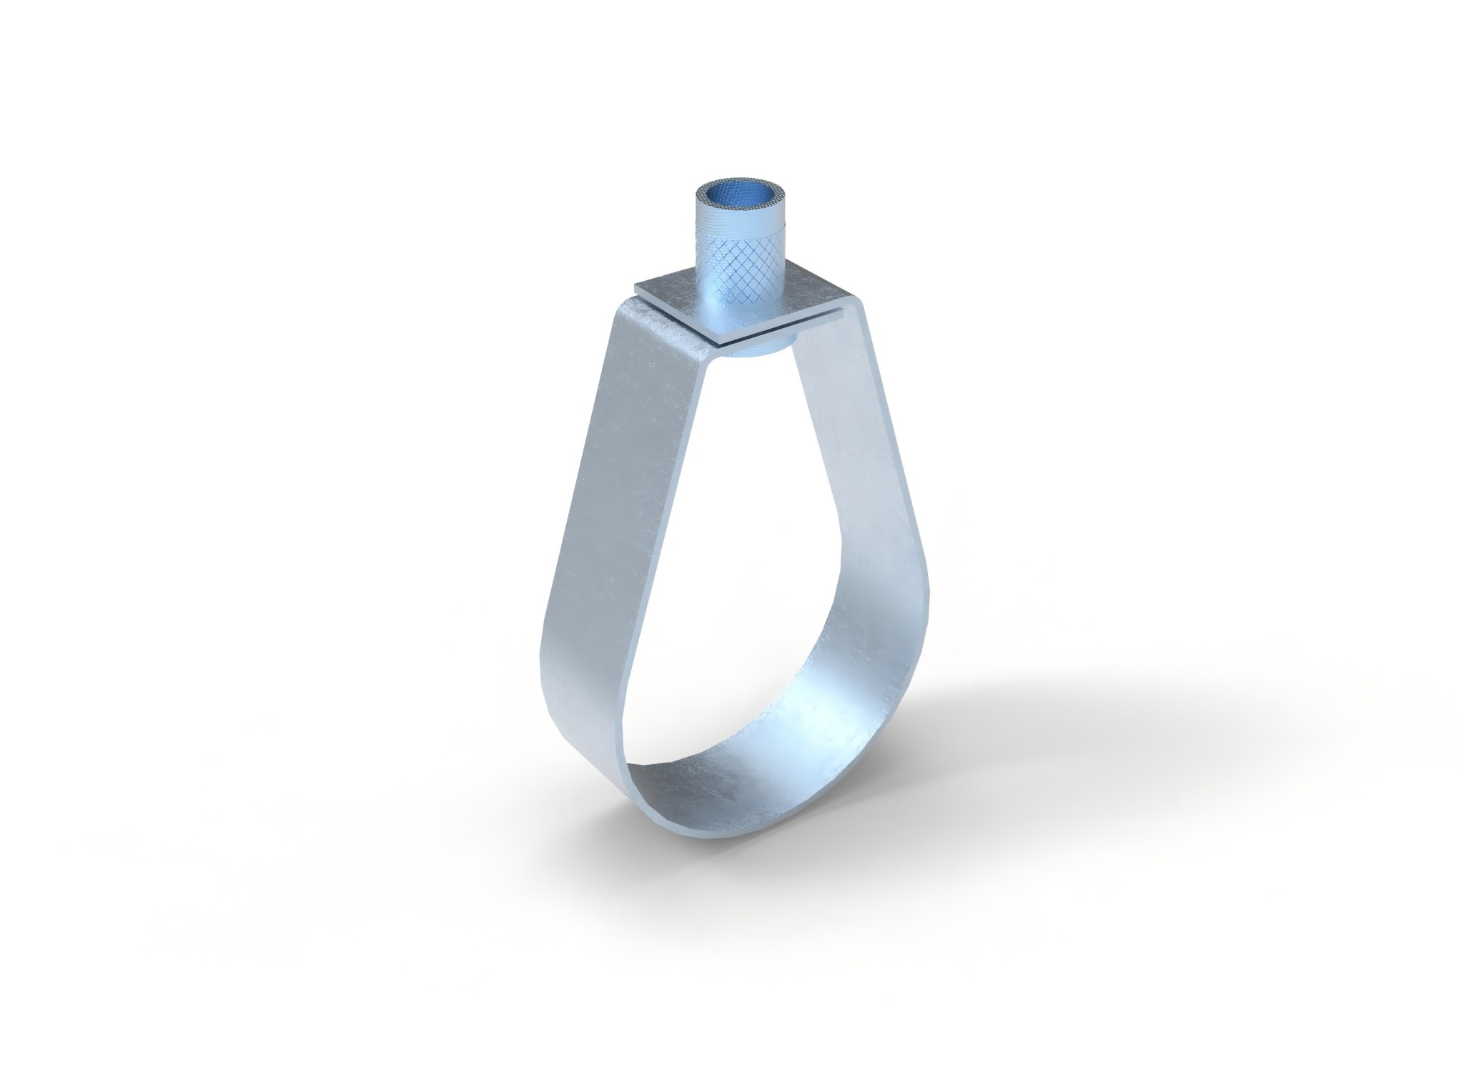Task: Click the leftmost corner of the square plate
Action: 633,289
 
